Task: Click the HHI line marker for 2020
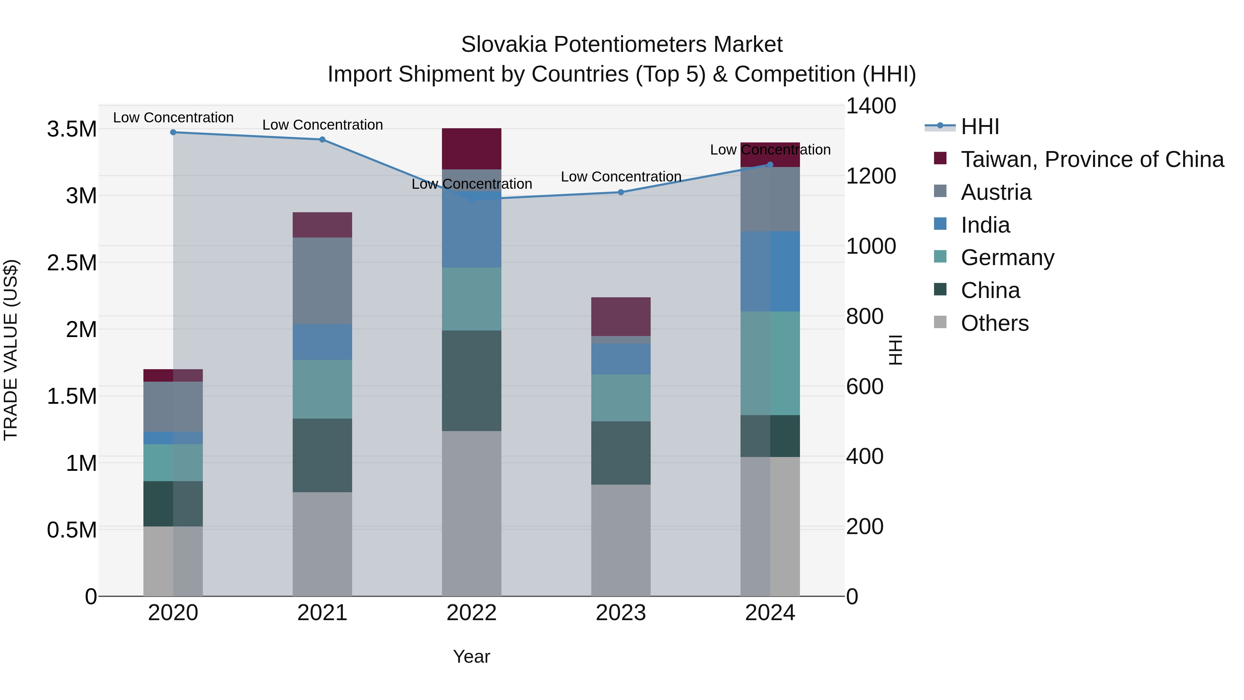(173, 132)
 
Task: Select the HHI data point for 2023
(621, 192)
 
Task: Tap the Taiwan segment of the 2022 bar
(471, 148)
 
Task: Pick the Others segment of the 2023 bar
(621, 540)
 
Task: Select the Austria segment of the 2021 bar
(322, 281)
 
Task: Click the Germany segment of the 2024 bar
(770, 363)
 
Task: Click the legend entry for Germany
(1007, 258)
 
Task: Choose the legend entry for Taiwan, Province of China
(1092, 159)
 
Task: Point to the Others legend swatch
(940, 322)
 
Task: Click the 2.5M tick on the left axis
(72, 263)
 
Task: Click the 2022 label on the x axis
(471, 613)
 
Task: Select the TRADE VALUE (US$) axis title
(11, 350)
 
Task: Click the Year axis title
(471, 656)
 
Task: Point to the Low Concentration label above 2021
(322, 125)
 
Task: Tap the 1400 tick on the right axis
(871, 106)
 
